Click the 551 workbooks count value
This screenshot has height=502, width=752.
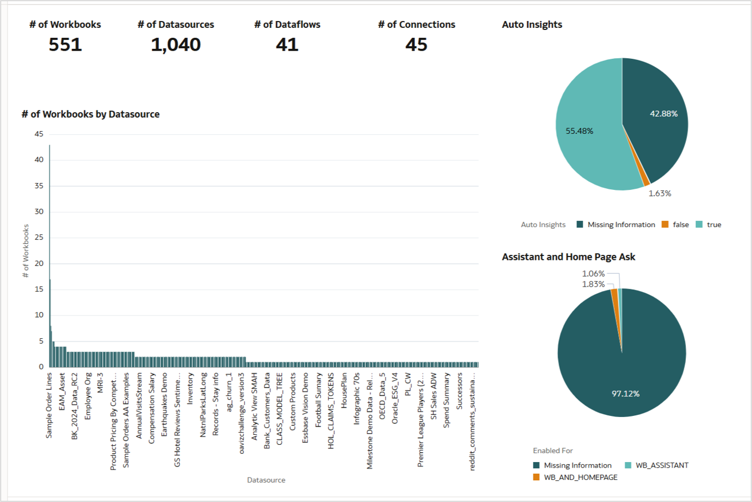65,45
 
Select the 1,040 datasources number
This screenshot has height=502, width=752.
176,45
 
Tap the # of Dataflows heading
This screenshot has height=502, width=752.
287,24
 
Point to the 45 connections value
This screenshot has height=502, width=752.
416,45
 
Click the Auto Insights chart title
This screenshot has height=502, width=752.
532,24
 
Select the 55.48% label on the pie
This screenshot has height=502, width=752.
579,131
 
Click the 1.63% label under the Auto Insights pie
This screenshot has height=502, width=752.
660,194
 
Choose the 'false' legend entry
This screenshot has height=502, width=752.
680,225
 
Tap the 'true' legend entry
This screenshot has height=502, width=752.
714,225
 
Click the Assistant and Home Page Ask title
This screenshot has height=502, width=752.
568,257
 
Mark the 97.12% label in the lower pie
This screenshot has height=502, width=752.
625,394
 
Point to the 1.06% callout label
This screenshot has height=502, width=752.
593,274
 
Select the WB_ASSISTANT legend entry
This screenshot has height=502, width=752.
661,465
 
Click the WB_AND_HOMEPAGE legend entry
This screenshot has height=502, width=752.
580,478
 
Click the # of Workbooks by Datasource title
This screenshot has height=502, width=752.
91,114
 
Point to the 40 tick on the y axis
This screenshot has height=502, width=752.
39,160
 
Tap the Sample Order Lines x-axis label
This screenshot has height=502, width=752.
49,405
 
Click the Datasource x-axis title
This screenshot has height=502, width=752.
266,480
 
